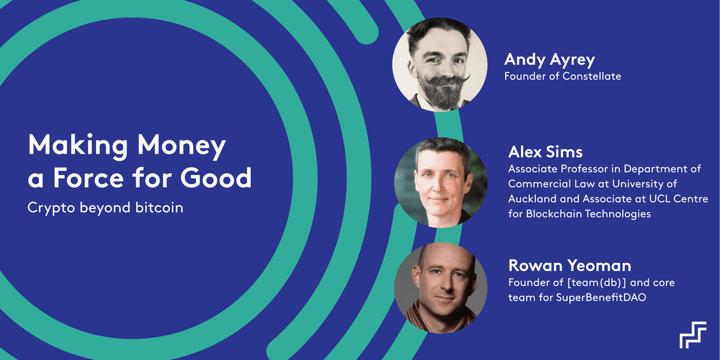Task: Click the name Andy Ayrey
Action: (x=550, y=60)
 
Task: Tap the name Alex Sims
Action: (x=545, y=152)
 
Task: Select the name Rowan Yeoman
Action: (x=569, y=265)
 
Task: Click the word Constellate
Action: (x=592, y=76)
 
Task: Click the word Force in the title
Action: (x=88, y=178)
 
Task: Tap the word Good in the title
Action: (x=215, y=178)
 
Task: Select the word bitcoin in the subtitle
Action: (x=159, y=208)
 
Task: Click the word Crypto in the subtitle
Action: (x=51, y=208)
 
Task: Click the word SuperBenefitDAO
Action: (x=601, y=298)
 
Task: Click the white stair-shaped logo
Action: (x=692, y=335)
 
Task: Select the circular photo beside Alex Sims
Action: (x=440, y=182)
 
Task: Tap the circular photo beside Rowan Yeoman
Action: (x=440, y=288)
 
